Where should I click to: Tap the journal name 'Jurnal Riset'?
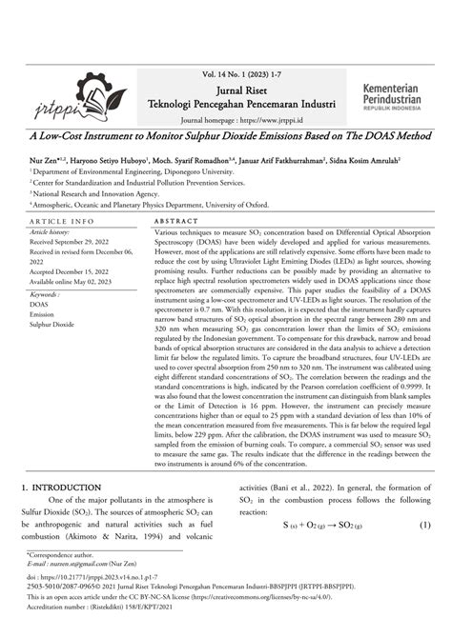point(236,86)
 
